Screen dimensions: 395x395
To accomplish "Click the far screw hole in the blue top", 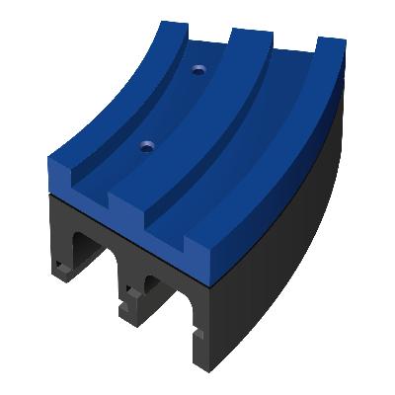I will pos(199,71).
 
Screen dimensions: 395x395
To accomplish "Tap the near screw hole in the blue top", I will pos(147,146).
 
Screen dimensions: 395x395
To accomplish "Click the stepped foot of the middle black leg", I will pos(129,314).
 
